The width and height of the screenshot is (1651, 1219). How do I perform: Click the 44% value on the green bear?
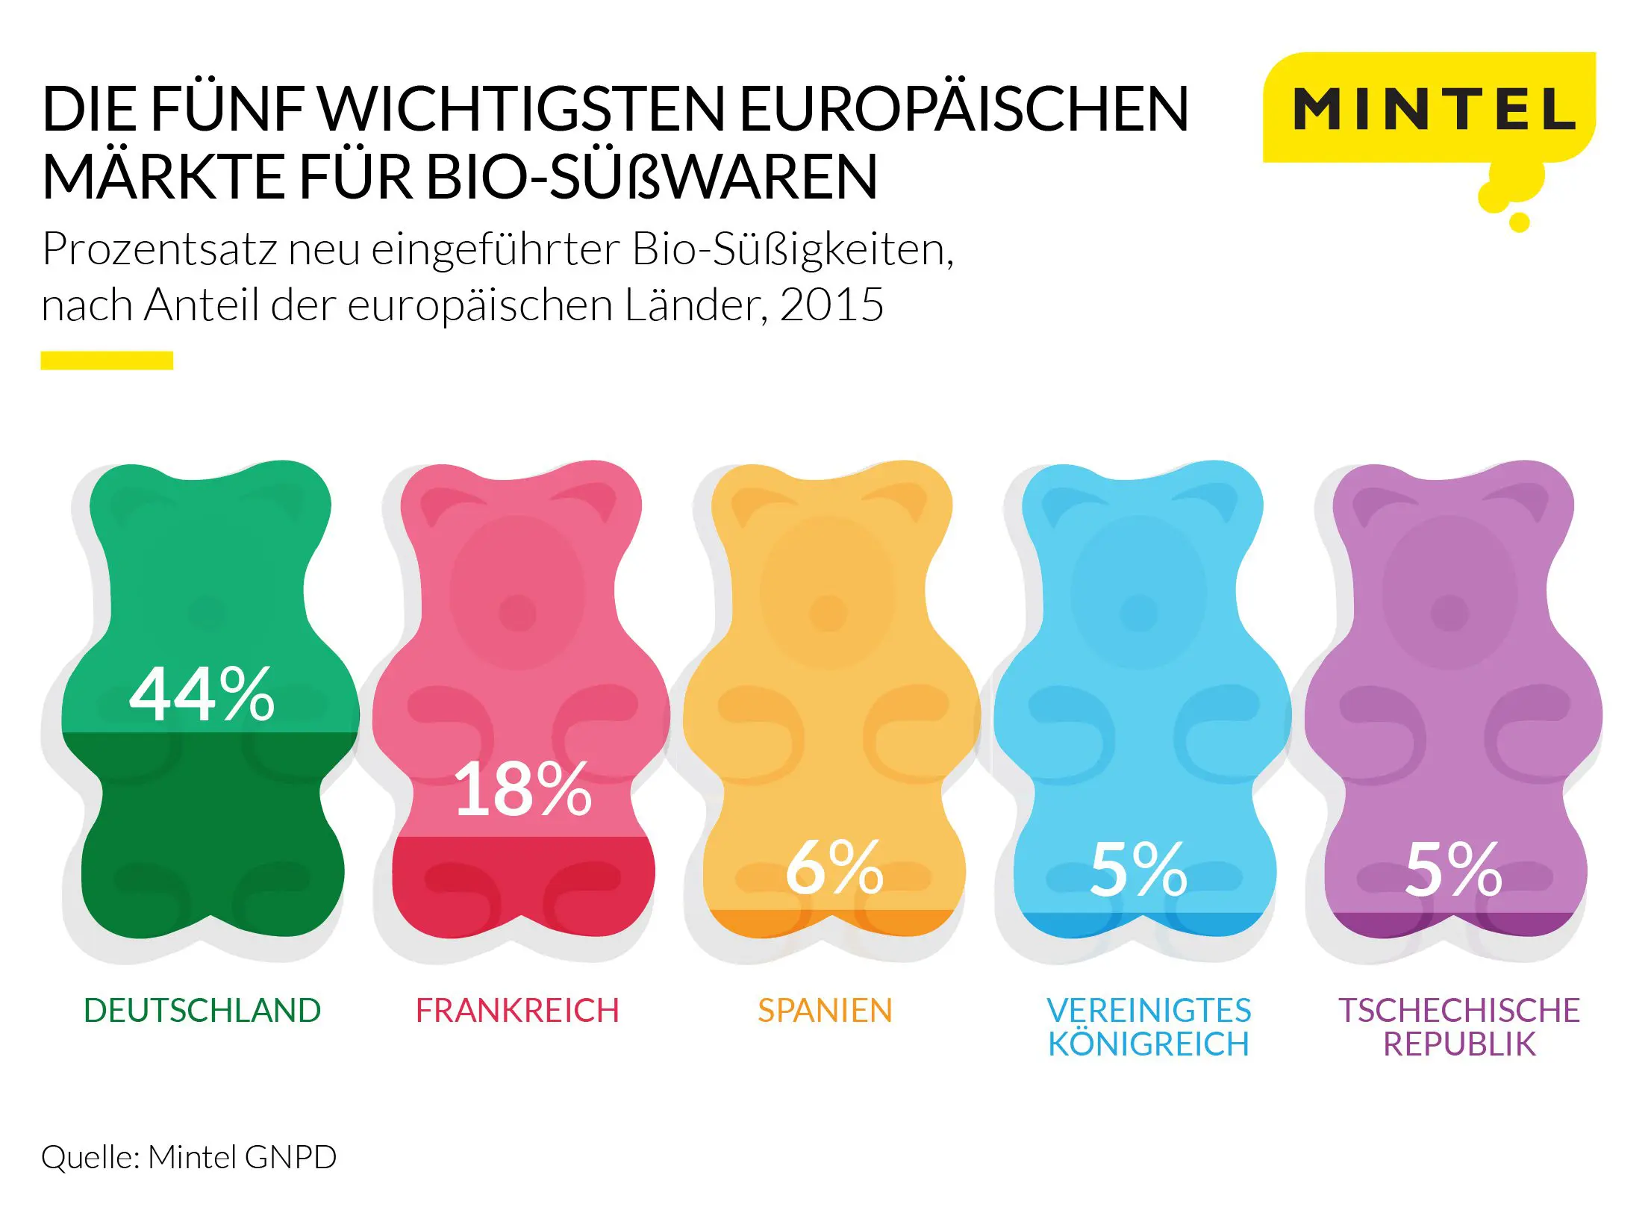202,695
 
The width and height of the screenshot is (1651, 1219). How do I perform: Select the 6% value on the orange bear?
834,867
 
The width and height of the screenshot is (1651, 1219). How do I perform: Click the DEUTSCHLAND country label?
202,1011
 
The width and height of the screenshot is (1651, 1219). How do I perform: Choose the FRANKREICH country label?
517,1011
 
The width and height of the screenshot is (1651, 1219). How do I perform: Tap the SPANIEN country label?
825,1011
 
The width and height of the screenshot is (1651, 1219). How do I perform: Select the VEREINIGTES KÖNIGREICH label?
1149,1027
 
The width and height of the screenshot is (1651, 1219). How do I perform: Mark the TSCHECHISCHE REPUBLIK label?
1459,1027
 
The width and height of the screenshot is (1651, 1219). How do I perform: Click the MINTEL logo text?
1434,110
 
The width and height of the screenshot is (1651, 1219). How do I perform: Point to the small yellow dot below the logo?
1519,222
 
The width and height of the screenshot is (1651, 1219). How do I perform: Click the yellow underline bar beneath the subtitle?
107,361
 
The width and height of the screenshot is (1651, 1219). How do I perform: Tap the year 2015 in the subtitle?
831,305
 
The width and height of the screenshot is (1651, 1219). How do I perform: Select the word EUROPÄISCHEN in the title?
964,110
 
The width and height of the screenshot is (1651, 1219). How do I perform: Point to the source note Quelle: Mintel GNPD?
189,1157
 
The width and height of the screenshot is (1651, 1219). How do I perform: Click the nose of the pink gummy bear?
517,613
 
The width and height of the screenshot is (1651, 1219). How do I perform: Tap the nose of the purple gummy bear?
1449,613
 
